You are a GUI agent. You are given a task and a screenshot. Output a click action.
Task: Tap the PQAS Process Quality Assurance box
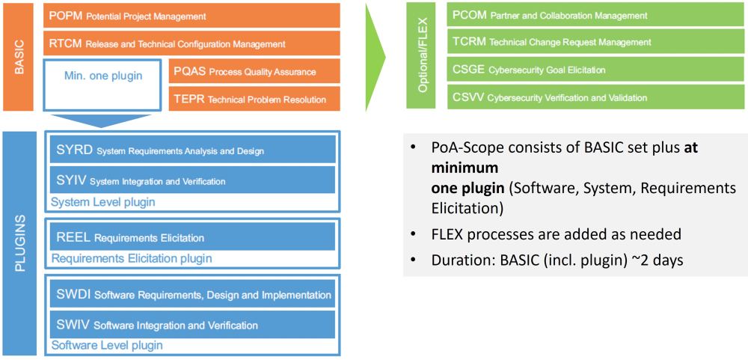tap(254, 71)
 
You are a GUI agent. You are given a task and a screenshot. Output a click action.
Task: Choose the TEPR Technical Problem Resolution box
tap(254, 99)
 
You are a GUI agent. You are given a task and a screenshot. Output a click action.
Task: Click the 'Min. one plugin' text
tap(103, 76)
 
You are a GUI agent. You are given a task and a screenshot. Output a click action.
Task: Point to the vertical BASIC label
tap(19, 57)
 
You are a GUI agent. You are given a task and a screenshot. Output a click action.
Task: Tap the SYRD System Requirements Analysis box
tap(193, 149)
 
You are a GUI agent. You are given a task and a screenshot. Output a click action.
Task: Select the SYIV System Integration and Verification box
tap(193, 180)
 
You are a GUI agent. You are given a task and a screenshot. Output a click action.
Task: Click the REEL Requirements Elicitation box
tap(193, 237)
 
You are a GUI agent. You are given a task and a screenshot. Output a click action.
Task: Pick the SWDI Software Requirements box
tap(193, 293)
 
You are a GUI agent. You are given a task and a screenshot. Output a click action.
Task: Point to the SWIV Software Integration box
tap(193, 325)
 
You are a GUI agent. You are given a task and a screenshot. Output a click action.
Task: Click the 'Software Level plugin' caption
tap(107, 345)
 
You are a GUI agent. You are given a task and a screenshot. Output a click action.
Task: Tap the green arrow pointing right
tap(375, 57)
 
